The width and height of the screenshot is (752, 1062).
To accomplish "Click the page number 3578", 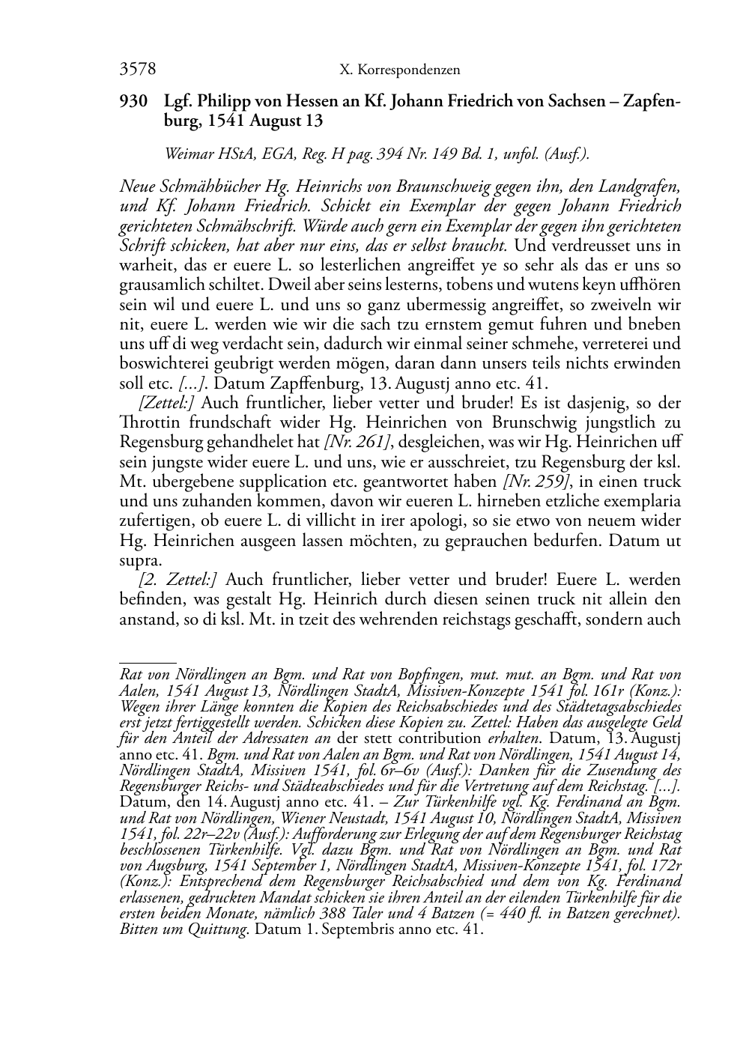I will coord(137,70).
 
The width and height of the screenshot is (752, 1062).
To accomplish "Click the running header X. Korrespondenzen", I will coord(399,70).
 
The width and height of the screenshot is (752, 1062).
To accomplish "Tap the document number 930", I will coord(133,102).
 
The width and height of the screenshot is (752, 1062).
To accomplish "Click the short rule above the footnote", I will coord(148,662).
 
